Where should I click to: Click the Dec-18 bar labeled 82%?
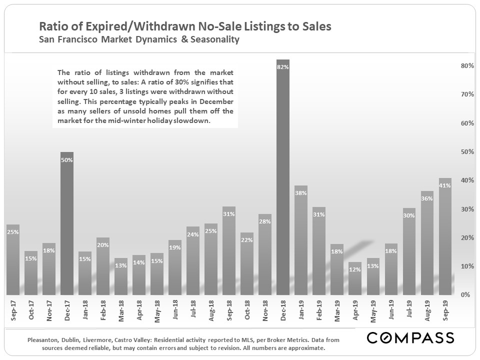(x=283, y=177)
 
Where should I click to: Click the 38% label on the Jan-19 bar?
(x=301, y=193)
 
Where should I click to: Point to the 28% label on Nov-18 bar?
(x=265, y=222)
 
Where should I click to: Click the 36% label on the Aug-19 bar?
(x=427, y=198)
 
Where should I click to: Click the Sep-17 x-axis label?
(x=13, y=310)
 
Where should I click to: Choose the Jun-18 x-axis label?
(x=175, y=310)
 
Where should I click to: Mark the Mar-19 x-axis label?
(x=337, y=310)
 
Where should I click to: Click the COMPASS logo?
(x=410, y=338)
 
